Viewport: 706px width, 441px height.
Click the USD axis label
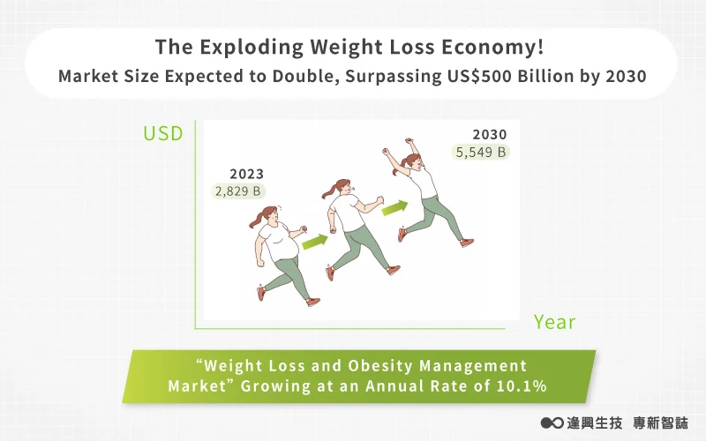coord(163,134)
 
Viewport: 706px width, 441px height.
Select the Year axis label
coord(555,322)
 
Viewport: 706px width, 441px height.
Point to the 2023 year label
coord(247,174)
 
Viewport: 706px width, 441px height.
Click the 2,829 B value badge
coord(238,191)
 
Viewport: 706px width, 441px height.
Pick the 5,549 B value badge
coord(480,152)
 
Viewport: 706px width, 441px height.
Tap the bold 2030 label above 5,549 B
coord(490,134)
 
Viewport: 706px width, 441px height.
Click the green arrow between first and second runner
coord(315,242)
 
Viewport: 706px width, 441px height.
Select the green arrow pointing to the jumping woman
coord(394,208)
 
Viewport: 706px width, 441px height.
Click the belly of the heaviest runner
coord(286,248)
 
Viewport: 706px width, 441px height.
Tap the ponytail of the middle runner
coord(328,192)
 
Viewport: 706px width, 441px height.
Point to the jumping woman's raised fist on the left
coord(386,151)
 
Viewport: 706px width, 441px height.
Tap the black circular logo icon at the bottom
coord(552,423)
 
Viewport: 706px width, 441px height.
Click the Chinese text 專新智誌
coord(660,423)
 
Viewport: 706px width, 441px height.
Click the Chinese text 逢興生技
coord(595,423)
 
